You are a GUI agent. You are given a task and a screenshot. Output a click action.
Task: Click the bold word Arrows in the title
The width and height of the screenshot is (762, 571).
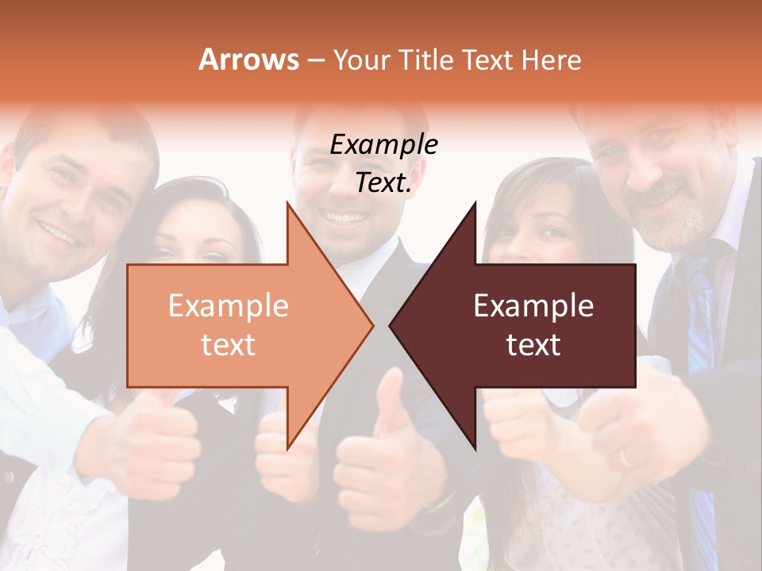pyautogui.click(x=248, y=59)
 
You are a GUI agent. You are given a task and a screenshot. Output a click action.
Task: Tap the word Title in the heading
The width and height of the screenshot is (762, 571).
pyautogui.click(x=428, y=59)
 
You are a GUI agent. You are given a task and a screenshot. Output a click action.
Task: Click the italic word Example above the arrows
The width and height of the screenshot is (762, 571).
pyautogui.click(x=383, y=144)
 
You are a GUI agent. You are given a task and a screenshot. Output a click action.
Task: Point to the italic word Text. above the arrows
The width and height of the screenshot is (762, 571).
pyautogui.click(x=383, y=182)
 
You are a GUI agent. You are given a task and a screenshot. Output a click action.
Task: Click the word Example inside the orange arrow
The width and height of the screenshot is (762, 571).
pyautogui.click(x=228, y=306)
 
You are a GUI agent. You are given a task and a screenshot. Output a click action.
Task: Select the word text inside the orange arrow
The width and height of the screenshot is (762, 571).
pyautogui.click(x=228, y=345)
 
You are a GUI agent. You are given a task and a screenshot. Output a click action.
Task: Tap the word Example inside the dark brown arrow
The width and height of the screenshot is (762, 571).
pyautogui.click(x=533, y=306)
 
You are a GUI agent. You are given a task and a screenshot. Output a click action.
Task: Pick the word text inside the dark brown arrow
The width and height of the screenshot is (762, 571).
pyautogui.click(x=533, y=345)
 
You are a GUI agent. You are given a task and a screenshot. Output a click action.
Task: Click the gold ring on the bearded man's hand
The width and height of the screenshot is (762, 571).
pyautogui.click(x=625, y=458)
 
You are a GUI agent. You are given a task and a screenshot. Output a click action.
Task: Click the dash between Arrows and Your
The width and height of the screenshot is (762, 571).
pyautogui.click(x=315, y=60)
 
